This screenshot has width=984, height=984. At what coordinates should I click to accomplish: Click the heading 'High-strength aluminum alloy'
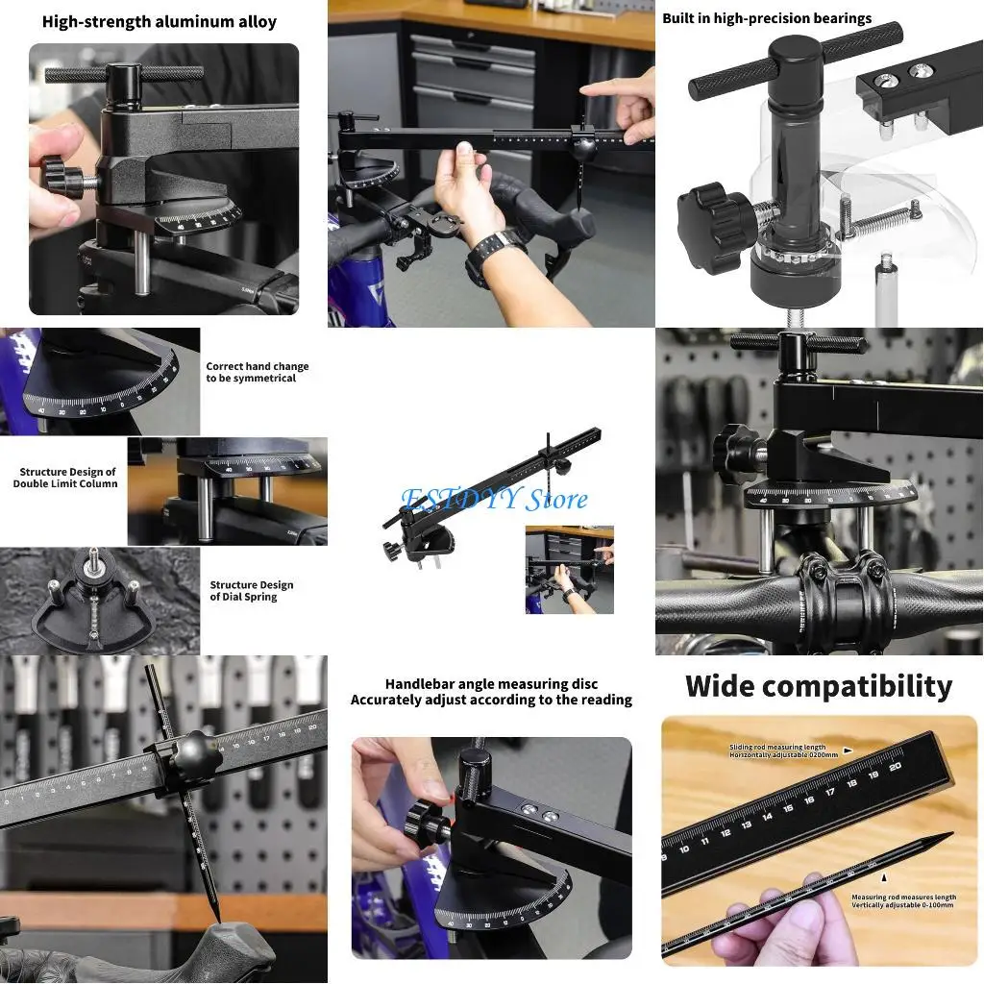(x=160, y=21)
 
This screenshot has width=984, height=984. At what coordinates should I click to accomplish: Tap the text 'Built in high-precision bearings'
(x=767, y=18)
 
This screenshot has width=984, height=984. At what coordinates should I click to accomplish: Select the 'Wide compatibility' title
(x=819, y=686)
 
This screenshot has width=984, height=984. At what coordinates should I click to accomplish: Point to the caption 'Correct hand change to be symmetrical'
(x=258, y=373)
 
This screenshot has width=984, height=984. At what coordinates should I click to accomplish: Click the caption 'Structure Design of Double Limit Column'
(x=65, y=478)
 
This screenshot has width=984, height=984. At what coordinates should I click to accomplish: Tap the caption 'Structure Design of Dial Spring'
(x=252, y=591)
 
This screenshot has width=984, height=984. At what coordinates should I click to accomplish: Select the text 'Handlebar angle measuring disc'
(x=491, y=684)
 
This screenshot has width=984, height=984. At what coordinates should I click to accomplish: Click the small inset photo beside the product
(x=569, y=570)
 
